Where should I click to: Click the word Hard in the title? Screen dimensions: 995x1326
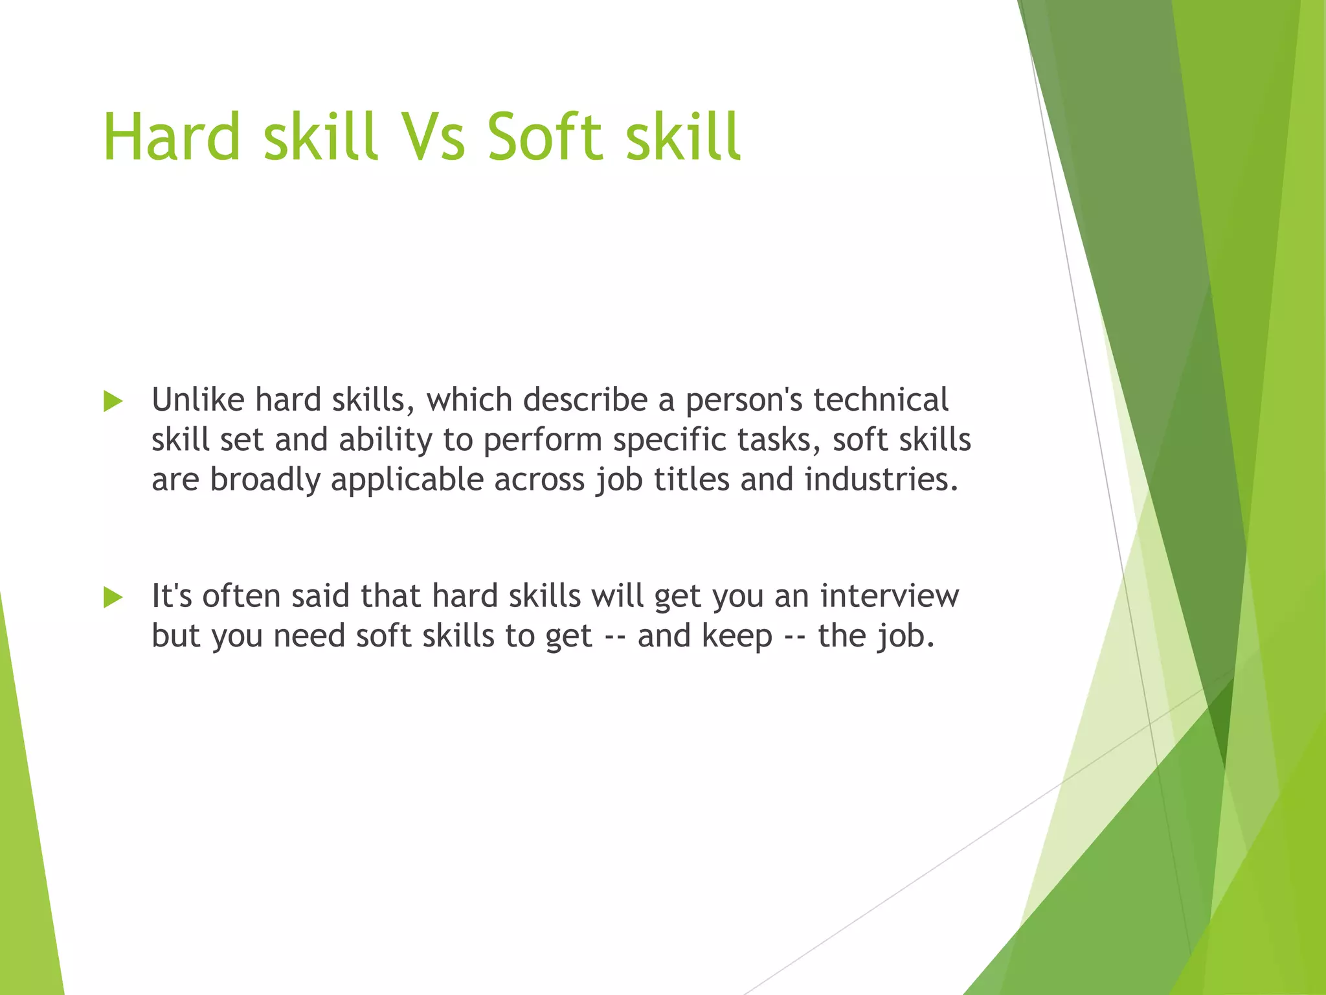coord(172,137)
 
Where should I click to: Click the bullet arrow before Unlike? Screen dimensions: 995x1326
coord(113,402)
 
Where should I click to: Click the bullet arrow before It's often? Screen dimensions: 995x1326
coord(113,597)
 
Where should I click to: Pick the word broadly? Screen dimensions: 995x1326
coord(265,481)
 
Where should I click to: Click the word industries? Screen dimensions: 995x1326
coord(881,480)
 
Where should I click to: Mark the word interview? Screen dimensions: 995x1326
coord(890,596)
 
